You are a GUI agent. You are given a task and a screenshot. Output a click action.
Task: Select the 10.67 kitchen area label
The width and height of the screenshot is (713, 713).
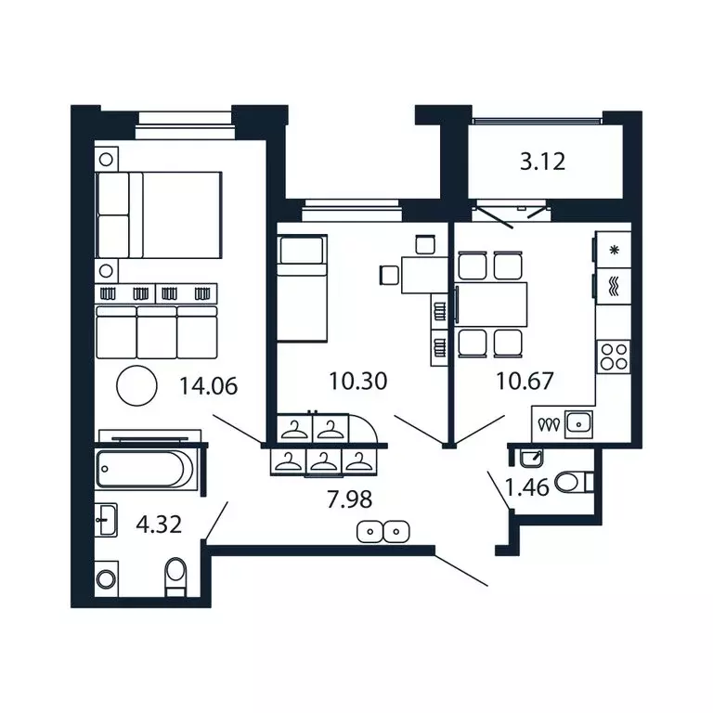525,380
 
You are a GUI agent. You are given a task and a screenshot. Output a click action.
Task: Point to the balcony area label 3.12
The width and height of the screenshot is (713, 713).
542,162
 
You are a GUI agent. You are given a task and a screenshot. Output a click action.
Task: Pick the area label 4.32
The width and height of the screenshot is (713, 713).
158,524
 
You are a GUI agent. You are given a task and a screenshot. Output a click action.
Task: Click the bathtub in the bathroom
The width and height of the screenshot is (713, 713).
146,469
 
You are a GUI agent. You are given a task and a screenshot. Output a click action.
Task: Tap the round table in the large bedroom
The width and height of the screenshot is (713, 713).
136,385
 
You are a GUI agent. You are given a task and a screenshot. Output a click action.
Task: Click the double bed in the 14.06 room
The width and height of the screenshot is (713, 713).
160,216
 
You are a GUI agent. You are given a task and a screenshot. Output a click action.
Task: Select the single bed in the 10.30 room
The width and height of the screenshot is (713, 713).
303,289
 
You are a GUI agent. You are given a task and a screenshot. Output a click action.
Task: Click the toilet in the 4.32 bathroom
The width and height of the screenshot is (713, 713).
175,577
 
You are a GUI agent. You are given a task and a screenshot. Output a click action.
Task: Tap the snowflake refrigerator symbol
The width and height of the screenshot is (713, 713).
613,250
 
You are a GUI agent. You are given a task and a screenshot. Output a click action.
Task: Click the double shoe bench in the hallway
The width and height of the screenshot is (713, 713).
383,531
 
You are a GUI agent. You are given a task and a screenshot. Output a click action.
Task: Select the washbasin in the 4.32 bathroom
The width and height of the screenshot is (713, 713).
108,520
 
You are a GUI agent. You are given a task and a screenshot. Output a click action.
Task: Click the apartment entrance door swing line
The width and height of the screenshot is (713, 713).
460,570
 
